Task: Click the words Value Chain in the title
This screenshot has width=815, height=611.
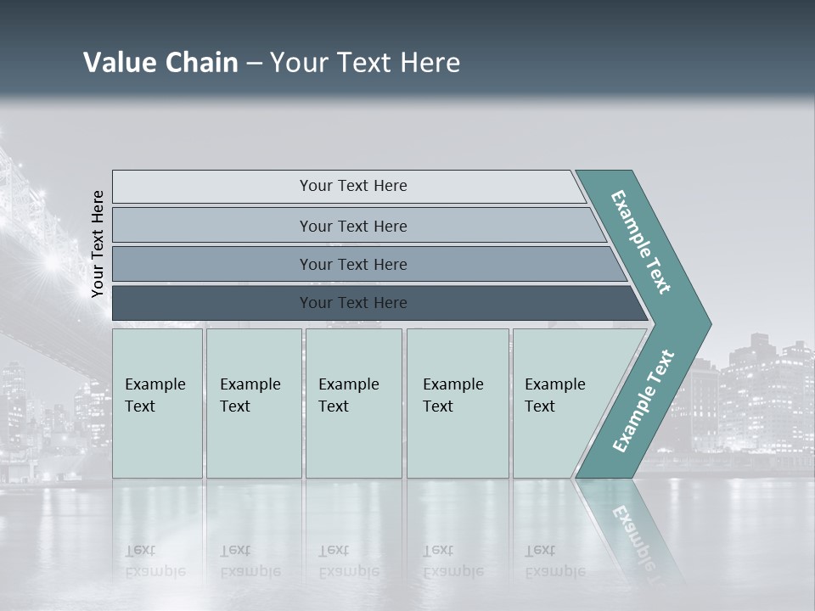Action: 160,63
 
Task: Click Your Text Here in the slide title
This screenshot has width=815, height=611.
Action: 365,63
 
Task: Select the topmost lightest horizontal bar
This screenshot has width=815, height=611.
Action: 352,186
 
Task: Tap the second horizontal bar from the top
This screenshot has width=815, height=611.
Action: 352,226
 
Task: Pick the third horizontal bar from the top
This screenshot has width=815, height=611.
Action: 352,264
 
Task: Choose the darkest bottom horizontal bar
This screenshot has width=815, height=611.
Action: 352,303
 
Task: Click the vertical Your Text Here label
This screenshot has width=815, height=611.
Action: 98,244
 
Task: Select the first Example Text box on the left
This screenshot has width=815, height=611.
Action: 157,402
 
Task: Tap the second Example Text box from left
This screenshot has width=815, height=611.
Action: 253,402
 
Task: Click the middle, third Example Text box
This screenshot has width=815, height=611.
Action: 353,402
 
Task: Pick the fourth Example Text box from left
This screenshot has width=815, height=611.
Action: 457,402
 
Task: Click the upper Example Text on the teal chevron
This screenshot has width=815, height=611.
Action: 641,243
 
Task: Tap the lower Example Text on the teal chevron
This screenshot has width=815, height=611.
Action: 644,401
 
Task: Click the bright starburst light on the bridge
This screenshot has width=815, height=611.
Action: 51,260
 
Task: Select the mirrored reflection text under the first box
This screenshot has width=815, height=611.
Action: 155,561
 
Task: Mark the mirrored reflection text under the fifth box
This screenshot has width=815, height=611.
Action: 554,561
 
